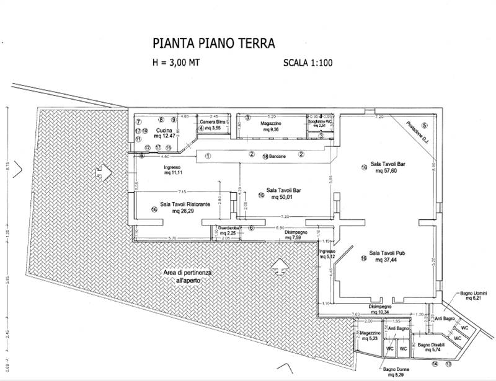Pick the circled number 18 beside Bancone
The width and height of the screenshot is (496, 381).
click(x=265, y=157)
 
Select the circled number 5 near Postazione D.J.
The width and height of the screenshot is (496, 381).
click(x=425, y=126)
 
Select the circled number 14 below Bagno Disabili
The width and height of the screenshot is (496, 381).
click(x=435, y=363)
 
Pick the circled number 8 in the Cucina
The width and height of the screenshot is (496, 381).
click(x=160, y=120)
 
